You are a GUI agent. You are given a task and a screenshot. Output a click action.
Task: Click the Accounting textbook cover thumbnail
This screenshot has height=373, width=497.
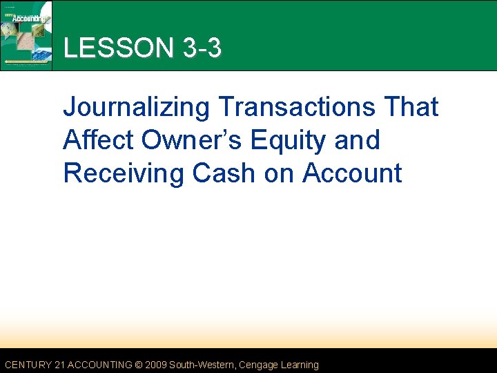click(x=27, y=35)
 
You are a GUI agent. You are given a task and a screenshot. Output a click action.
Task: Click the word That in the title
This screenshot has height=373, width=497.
click(x=411, y=107)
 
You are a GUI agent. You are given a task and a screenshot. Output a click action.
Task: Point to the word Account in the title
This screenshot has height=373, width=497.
click(x=352, y=173)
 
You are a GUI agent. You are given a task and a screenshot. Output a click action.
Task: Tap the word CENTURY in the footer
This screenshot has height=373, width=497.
click(x=27, y=365)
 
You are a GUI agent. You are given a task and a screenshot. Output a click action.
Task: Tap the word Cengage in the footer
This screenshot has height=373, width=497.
click(x=259, y=365)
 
